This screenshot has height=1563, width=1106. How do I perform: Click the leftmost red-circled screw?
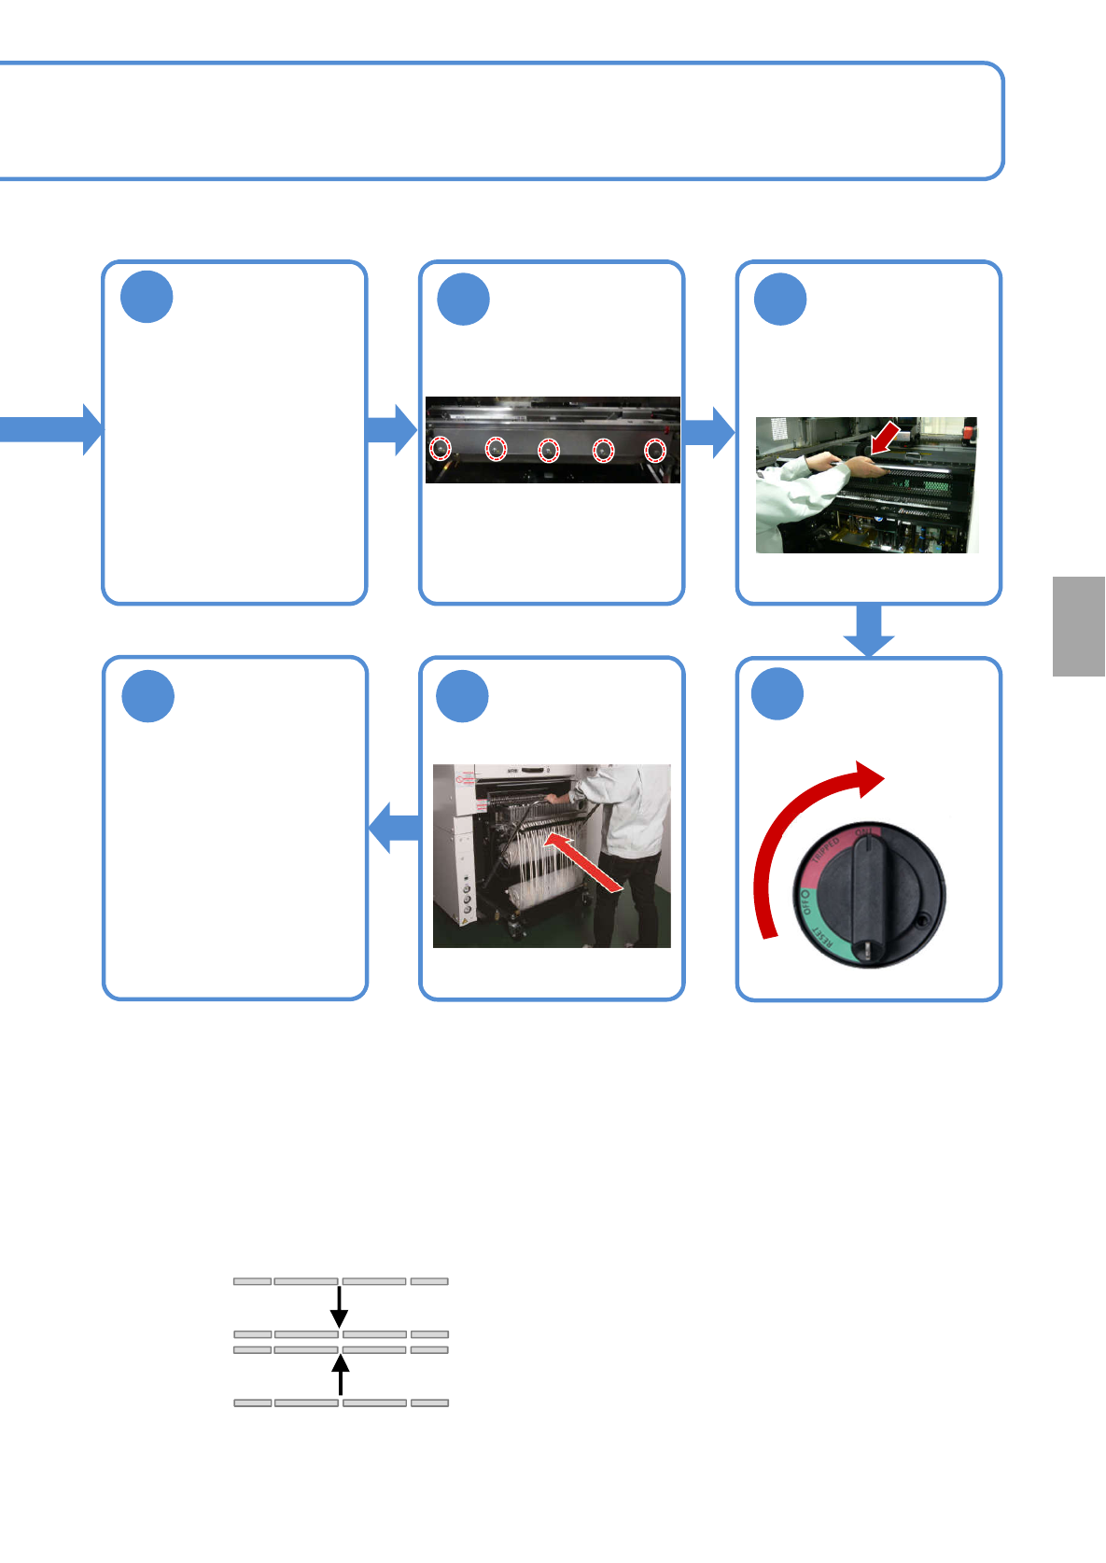pos(441,449)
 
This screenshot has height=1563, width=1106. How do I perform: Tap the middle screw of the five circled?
pos(549,451)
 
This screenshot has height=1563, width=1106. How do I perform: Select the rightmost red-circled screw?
pos(656,451)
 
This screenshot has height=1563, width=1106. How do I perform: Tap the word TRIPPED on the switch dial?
pos(825,852)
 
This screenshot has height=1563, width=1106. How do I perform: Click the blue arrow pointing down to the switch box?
pos(869,630)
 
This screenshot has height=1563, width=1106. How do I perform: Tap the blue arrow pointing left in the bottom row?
pos(394,828)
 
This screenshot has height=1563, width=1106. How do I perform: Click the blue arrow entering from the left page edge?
pos(51,429)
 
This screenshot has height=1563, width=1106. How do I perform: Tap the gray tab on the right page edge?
pos(1079,626)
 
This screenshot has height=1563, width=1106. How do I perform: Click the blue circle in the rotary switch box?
pos(778,694)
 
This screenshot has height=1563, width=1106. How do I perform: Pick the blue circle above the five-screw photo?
pos(464,300)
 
